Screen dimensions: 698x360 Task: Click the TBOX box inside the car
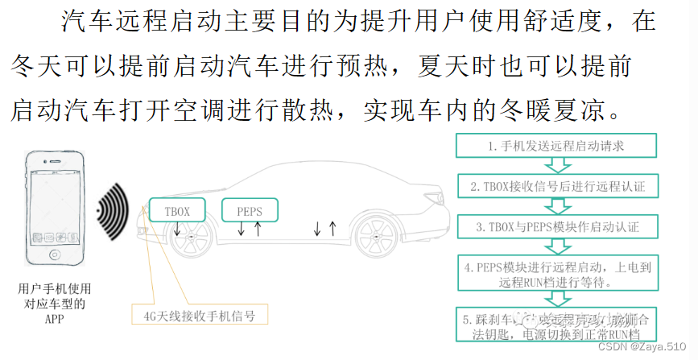pyautogui.click(x=176, y=210)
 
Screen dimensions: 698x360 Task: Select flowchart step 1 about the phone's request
pyautogui.click(x=556, y=147)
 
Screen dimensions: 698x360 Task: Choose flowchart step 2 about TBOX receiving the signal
pyautogui.click(x=556, y=187)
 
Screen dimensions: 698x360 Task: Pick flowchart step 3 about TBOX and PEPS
pyautogui.click(x=556, y=227)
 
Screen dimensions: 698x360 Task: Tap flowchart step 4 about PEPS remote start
pyautogui.click(x=556, y=273)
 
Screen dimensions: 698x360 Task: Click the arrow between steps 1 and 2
pyautogui.click(x=556, y=167)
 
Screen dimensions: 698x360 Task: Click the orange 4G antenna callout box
pyautogui.click(x=198, y=315)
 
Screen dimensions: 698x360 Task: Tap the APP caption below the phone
pyautogui.click(x=55, y=319)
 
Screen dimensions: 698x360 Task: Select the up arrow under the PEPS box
pyautogui.click(x=258, y=230)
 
